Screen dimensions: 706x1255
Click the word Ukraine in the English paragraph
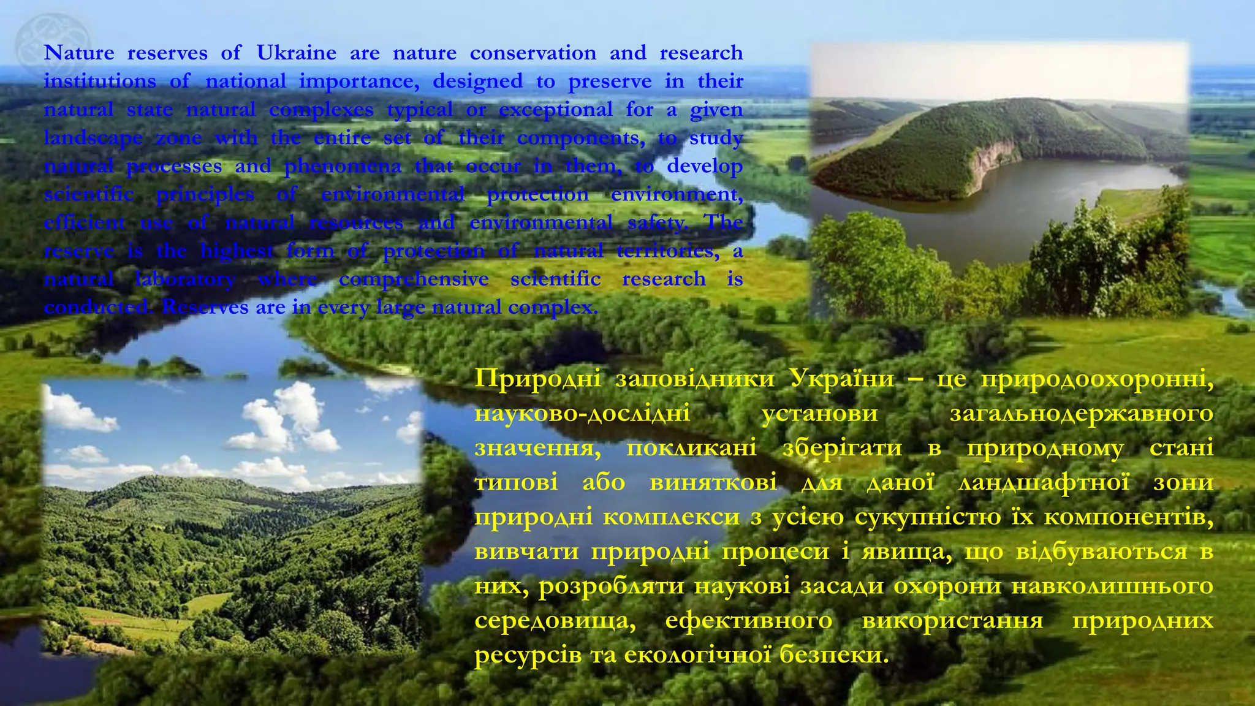click(x=296, y=53)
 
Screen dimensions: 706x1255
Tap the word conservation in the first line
click(x=533, y=53)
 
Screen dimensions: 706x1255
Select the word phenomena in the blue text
click(x=343, y=166)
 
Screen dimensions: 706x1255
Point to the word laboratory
click(x=185, y=279)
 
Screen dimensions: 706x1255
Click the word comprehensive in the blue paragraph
click(x=414, y=279)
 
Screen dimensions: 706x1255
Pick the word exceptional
click(x=555, y=110)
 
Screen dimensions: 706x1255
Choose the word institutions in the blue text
click(x=100, y=81)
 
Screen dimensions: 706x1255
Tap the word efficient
click(x=85, y=222)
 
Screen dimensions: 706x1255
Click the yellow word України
click(x=842, y=378)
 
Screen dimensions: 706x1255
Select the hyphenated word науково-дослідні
click(x=582, y=413)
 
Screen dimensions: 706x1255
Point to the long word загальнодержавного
click(x=1082, y=413)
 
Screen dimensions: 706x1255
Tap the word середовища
click(x=555, y=620)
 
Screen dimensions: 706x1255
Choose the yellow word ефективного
click(x=748, y=620)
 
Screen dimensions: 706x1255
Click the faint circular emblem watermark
click(x=52, y=46)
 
